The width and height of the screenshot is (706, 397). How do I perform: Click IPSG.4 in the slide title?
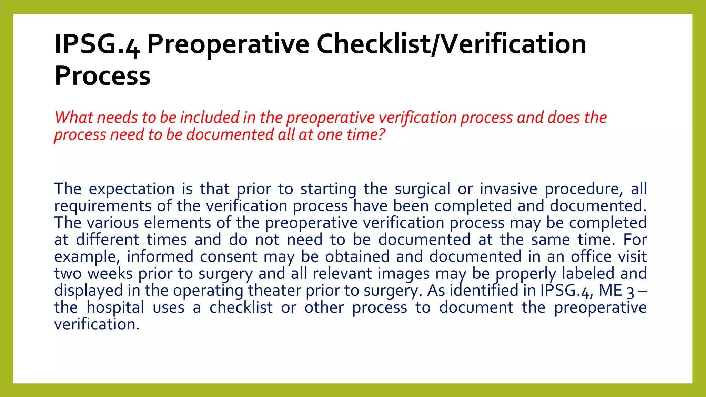(x=97, y=45)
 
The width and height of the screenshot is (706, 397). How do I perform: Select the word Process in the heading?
(x=102, y=76)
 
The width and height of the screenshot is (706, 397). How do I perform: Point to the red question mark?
(x=381, y=134)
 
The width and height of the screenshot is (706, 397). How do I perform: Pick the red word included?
(x=209, y=118)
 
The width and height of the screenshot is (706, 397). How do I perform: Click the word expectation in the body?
(x=132, y=189)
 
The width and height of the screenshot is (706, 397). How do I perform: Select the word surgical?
(x=422, y=189)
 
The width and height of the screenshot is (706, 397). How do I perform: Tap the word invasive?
(x=508, y=189)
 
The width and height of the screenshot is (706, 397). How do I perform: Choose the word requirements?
(x=103, y=206)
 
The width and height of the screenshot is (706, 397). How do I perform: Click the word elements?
(x=177, y=223)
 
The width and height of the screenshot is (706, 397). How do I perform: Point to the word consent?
(x=228, y=257)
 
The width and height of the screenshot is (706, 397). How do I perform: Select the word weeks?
(x=110, y=274)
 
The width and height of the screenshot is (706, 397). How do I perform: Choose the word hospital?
(x=115, y=307)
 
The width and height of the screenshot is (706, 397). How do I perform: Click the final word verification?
(x=97, y=324)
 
